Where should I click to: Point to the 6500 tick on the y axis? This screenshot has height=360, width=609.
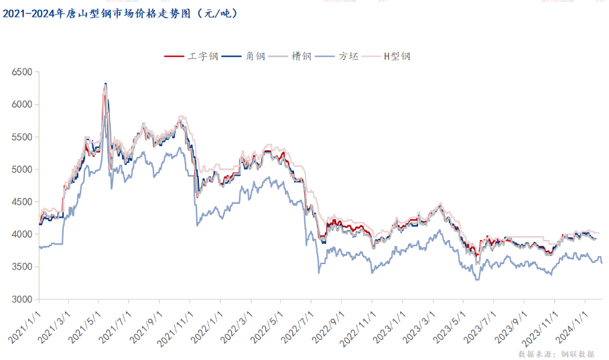tap(21, 72)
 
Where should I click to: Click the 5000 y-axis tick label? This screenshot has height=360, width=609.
tap(21, 170)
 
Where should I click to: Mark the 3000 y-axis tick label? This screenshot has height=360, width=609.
tap(21, 300)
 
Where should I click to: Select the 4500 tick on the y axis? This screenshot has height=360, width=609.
tap(21, 202)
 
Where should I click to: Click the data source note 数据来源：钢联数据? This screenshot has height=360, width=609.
tap(556, 353)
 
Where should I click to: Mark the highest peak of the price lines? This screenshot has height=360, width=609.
tap(105, 84)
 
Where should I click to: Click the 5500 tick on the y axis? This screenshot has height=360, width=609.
tap(21, 137)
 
